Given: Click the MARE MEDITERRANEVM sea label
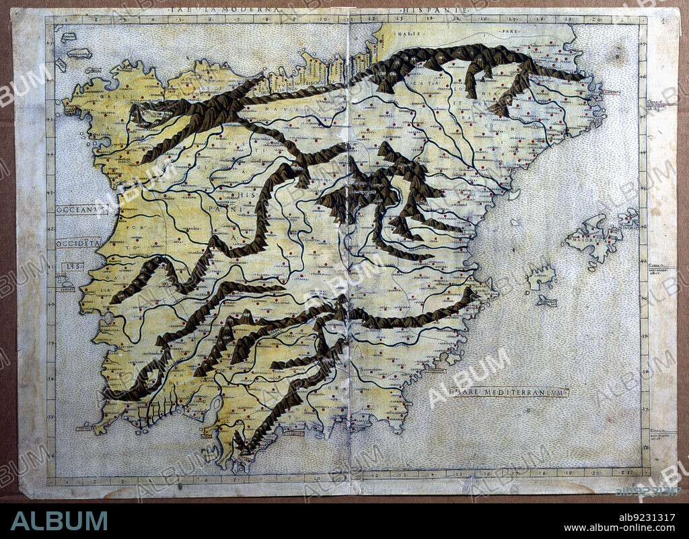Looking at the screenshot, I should pyautogui.click(x=510, y=392).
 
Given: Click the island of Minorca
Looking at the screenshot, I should pyautogui.click(x=629, y=217).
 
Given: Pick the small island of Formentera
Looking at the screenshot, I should pyautogui.click(x=546, y=301).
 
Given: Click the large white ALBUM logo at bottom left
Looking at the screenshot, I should pyautogui.click(x=59, y=520).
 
